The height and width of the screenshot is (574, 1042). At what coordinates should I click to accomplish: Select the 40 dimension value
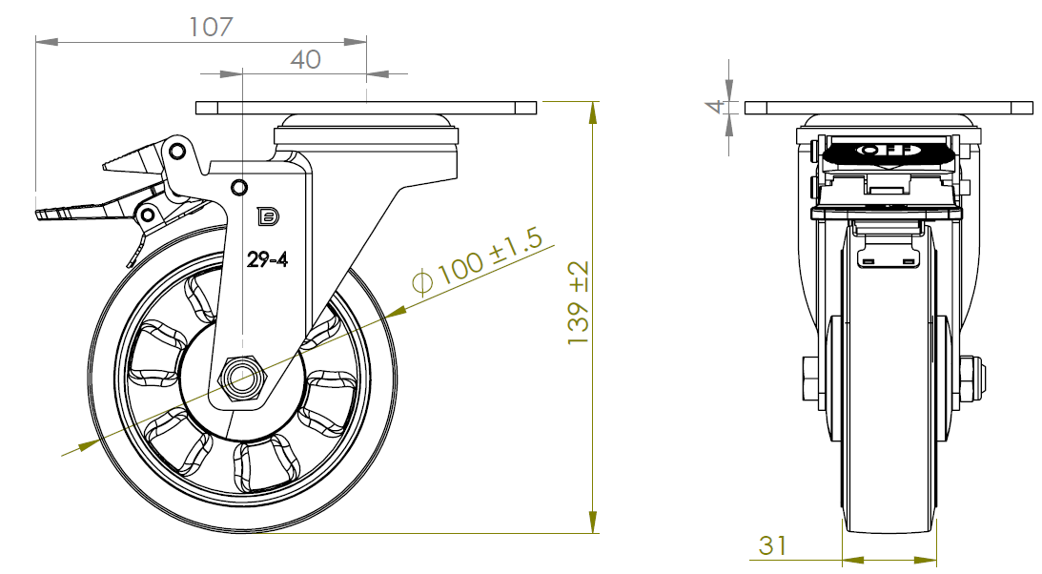point(305,59)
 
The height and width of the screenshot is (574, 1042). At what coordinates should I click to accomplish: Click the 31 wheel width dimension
point(773,545)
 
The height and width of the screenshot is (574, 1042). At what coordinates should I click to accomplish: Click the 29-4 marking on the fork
point(267,260)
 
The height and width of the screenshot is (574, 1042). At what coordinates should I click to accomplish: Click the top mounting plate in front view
point(888,107)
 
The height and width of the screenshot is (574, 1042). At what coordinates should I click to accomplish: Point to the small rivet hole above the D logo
point(238,186)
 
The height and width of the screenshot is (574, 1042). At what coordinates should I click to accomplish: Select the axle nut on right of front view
point(969,379)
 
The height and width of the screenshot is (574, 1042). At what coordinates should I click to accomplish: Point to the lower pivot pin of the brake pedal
point(148,215)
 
